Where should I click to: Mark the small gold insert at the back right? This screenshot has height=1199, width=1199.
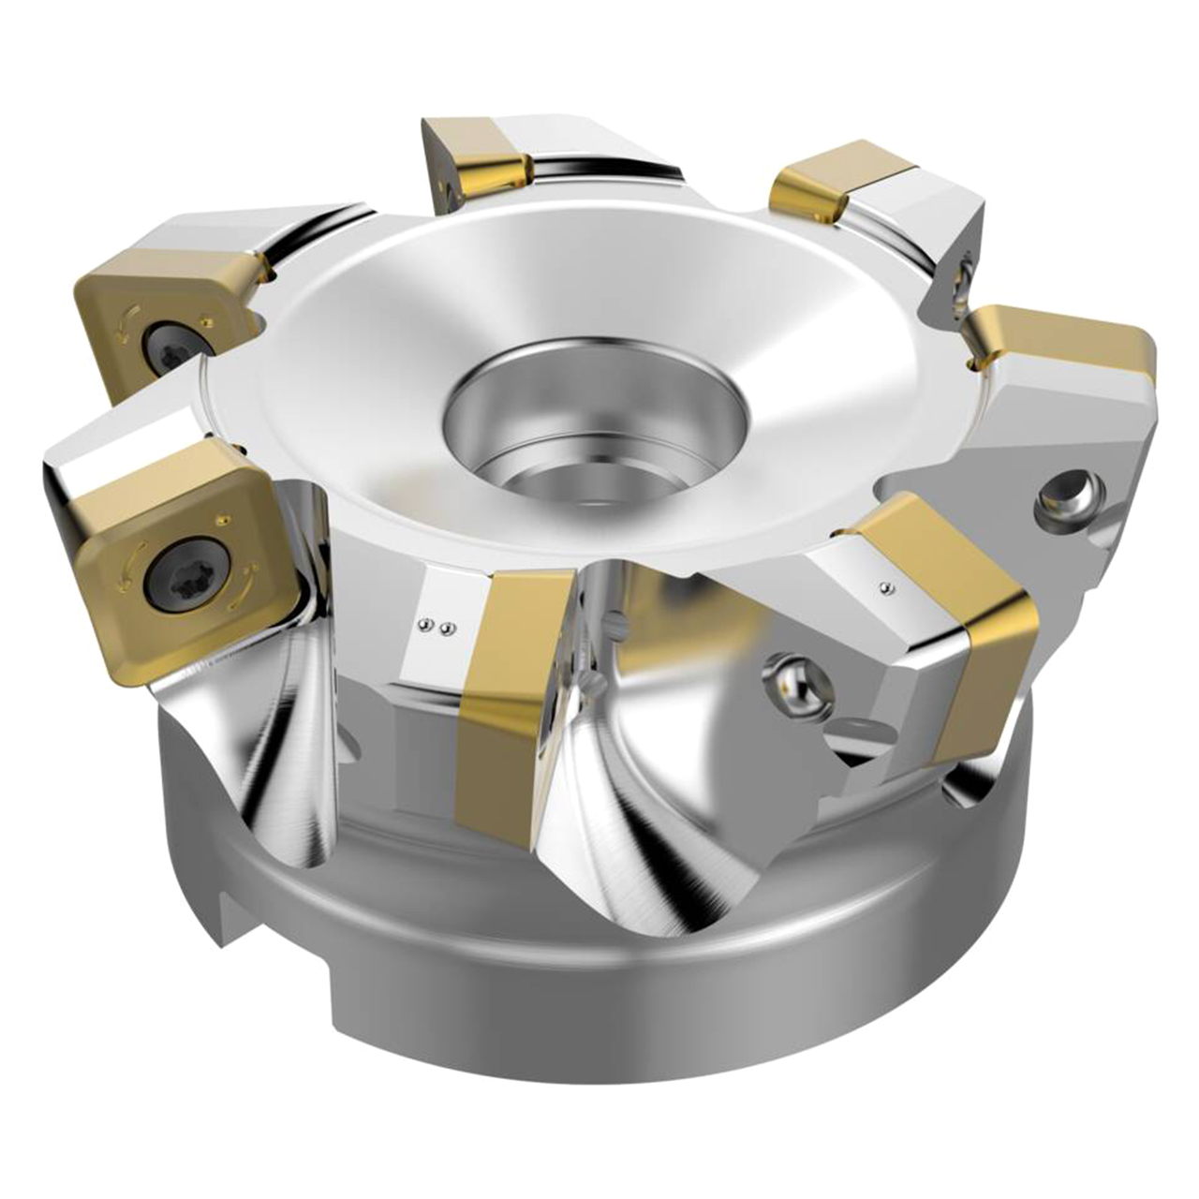coord(834,183)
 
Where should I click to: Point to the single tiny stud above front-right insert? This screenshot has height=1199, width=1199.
coord(885,588)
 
